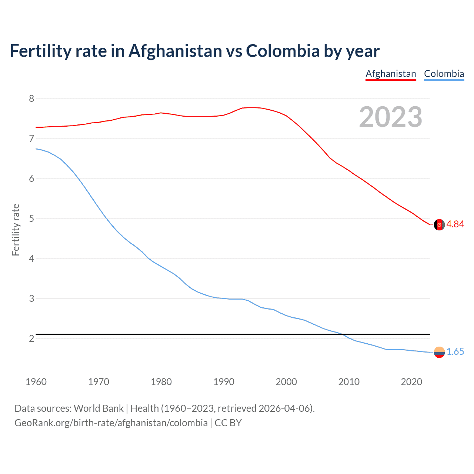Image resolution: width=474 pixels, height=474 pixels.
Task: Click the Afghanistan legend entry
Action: (391, 74)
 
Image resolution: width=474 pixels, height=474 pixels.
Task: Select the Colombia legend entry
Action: (444, 74)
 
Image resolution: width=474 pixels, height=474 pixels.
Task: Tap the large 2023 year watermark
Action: (391, 117)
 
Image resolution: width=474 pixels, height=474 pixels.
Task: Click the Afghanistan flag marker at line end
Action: (439, 224)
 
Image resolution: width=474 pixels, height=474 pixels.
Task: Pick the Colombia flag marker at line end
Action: (439, 352)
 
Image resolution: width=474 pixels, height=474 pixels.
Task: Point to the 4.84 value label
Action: (455, 224)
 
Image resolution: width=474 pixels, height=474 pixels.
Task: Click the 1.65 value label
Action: (455, 352)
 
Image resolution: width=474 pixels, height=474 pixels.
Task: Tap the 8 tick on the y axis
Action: (31, 99)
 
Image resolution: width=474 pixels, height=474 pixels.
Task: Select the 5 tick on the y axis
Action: (31, 218)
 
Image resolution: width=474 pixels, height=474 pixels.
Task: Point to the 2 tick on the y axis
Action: (31, 338)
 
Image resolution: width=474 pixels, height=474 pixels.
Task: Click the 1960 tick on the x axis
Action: (36, 382)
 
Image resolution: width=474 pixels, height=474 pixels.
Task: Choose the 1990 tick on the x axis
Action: (224, 382)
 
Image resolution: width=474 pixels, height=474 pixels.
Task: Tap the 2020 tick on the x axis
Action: (411, 382)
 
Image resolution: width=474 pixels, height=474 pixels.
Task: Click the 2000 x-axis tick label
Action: (286, 382)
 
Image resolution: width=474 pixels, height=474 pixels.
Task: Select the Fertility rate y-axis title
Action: (16, 230)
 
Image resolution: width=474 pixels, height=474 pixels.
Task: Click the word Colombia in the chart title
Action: (282, 51)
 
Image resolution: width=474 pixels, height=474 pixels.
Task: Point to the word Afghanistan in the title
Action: (175, 51)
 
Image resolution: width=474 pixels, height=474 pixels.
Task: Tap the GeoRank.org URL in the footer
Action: (111, 423)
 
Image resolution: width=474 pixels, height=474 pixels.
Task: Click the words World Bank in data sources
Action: (99, 408)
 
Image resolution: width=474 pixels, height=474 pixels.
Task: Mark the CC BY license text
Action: (228, 423)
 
